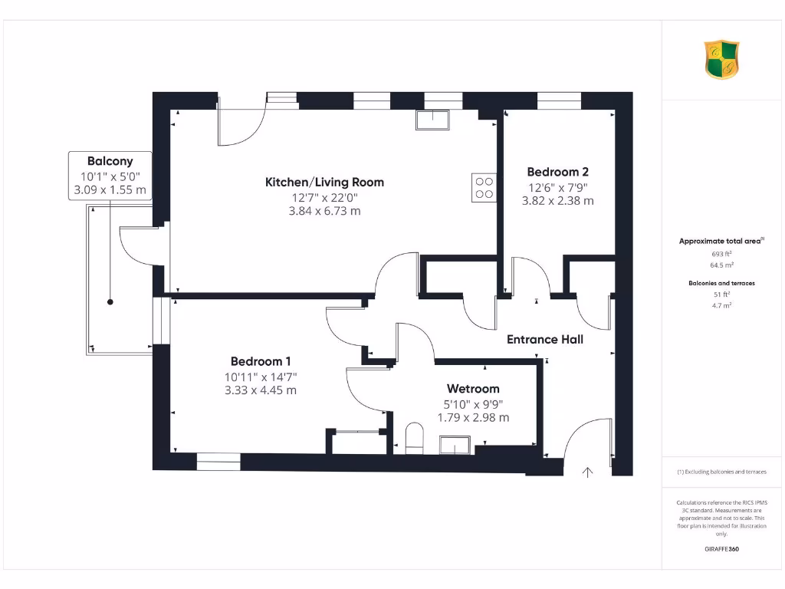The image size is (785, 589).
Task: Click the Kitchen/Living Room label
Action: tap(324, 182)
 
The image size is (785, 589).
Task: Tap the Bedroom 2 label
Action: tap(557, 172)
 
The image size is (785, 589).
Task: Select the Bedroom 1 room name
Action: tap(261, 361)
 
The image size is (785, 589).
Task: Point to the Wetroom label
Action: tap(473, 389)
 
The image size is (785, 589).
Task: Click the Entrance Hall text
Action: tap(544, 339)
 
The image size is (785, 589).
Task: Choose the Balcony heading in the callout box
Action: tap(110, 161)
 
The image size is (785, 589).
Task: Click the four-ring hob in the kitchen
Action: tap(484, 188)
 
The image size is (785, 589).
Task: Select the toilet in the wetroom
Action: tap(414, 436)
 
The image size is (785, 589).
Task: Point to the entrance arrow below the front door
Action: tap(588, 472)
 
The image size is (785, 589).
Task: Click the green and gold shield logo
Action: tap(721, 60)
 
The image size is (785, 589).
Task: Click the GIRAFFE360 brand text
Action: tap(721, 549)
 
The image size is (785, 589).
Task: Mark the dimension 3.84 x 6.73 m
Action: tap(324, 211)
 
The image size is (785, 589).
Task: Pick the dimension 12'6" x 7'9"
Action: tap(557, 187)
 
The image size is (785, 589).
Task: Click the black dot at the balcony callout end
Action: tap(110, 302)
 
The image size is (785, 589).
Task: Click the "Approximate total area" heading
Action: tap(721, 241)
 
